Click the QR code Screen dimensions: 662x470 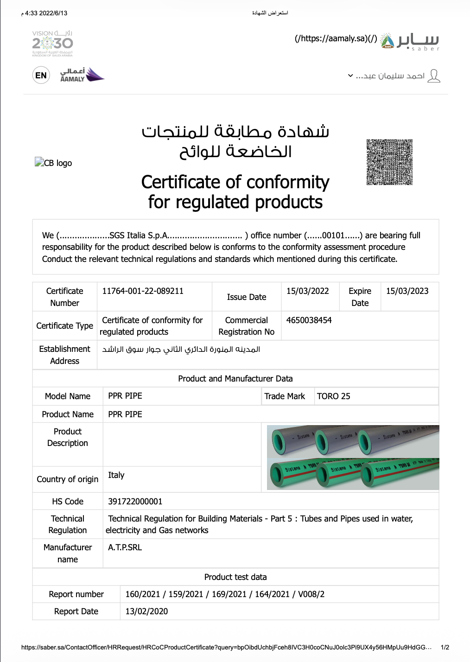(x=389, y=162)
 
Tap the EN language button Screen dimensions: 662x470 (x=41, y=76)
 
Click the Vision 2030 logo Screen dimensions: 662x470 (x=52, y=44)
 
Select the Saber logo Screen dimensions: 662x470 (x=410, y=41)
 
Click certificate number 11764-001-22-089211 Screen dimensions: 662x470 (x=143, y=291)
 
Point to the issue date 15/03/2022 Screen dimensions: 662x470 (x=308, y=291)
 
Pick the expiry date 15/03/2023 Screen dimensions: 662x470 (x=407, y=291)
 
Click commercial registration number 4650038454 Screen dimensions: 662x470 (x=309, y=320)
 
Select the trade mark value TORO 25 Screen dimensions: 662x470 (x=334, y=396)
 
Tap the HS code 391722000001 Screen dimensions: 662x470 (x=135, y=502)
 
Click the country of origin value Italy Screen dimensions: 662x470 (x=116, y=475)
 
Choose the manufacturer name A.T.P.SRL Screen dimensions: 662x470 (x=125, y=547)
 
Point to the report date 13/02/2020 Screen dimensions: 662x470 (x=146, y=611)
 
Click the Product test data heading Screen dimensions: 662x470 (x=235, y=577)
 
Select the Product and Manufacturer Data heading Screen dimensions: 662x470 (x=235, y=379)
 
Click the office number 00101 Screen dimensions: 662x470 (x=333, y=236)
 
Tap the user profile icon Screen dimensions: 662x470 (x=434, y=76)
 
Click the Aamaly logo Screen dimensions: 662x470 (x=82, y=75)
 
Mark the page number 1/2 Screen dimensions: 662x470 (x=445, y=647)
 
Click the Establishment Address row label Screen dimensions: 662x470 (x=65, y=355)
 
